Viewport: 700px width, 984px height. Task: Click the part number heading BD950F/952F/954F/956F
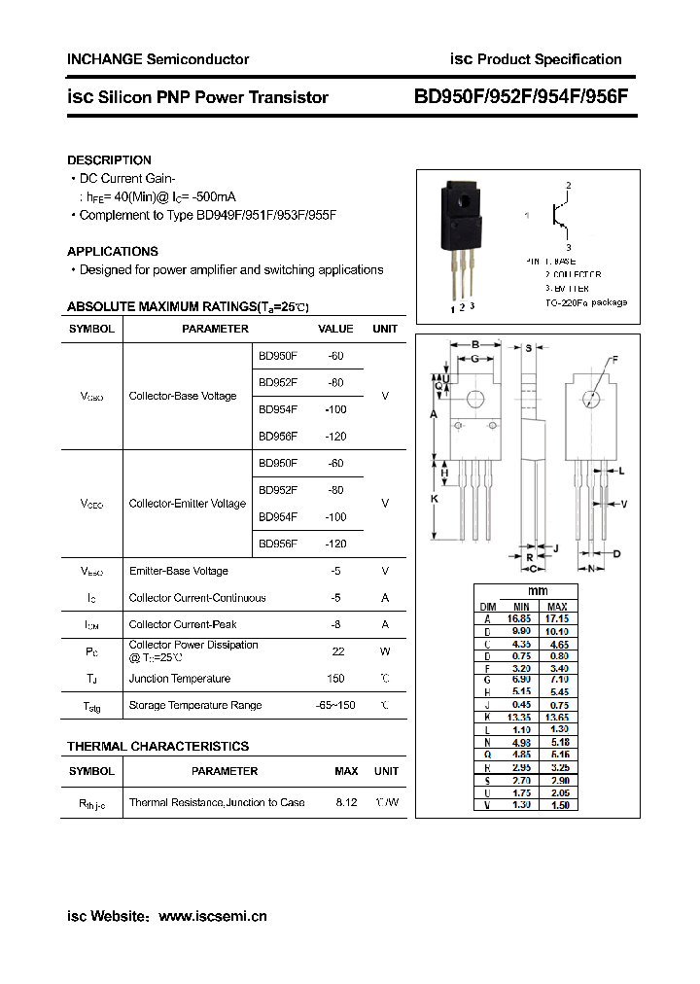522,97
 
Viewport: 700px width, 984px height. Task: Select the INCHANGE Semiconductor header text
157,59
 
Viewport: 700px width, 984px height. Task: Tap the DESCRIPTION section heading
109,159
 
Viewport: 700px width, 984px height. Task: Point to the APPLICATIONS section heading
113,251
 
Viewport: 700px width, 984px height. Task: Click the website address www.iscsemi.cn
212,916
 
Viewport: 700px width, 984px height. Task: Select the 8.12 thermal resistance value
346,802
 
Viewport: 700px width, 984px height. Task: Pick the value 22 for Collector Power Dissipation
337,651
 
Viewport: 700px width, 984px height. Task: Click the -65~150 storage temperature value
335,705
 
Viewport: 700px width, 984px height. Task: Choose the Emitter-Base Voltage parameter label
179,571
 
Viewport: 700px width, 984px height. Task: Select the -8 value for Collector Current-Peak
336,624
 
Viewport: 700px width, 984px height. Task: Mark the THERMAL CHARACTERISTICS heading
157,746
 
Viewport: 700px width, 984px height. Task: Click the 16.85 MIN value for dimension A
519,618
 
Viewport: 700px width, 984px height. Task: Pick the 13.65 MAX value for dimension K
557,717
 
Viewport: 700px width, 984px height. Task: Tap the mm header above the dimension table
538,591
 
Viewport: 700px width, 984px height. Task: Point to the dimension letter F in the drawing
614,361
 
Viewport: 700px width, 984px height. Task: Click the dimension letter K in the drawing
434,499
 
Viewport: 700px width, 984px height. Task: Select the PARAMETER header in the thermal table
225,771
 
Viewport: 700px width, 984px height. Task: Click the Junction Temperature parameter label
180,679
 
